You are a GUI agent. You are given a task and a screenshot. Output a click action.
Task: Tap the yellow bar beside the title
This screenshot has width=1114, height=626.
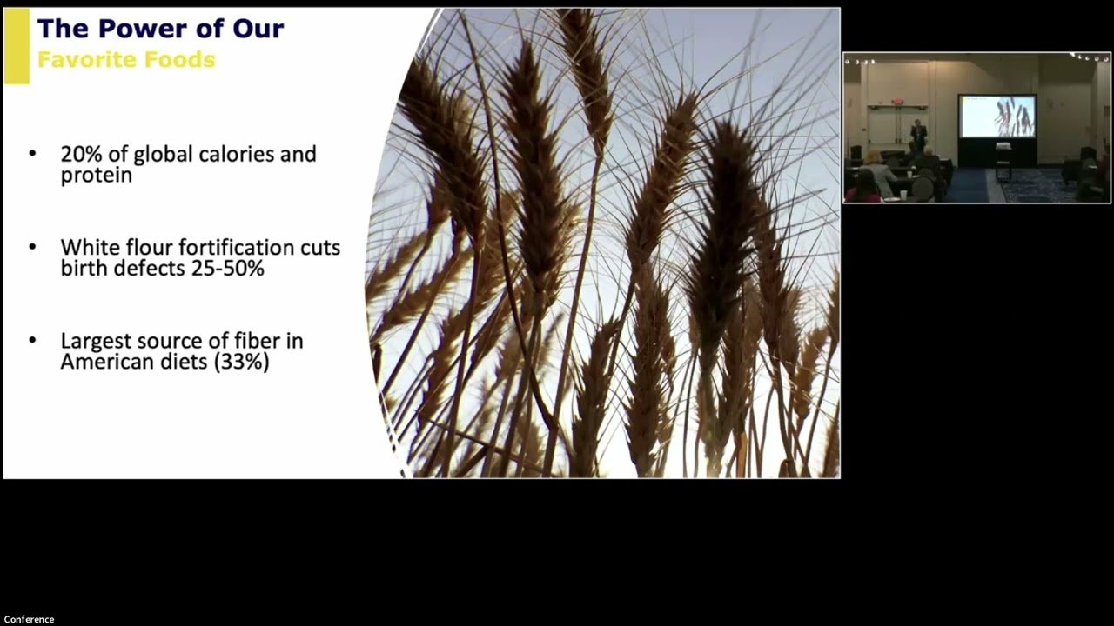[17, 46]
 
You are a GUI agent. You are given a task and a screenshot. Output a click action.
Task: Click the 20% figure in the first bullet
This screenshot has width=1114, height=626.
[82, 154]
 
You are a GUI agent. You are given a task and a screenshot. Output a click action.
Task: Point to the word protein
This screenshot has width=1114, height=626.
[97, 176]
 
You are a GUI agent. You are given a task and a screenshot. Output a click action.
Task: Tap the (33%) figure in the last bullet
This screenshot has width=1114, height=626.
[242, 362]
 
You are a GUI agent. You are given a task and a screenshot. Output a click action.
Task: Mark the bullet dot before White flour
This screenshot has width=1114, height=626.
[33, 246]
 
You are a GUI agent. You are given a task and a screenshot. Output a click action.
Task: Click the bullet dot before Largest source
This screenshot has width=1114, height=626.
[33, 340]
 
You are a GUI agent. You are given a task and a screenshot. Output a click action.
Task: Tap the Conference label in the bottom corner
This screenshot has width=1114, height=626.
[29, 619]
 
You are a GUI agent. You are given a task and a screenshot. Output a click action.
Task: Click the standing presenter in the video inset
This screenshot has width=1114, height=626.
[918, 134]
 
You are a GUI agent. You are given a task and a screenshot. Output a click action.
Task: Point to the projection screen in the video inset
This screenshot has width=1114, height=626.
[997, 116]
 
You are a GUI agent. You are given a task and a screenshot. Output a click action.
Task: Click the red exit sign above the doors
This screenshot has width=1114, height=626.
[897, 102]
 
